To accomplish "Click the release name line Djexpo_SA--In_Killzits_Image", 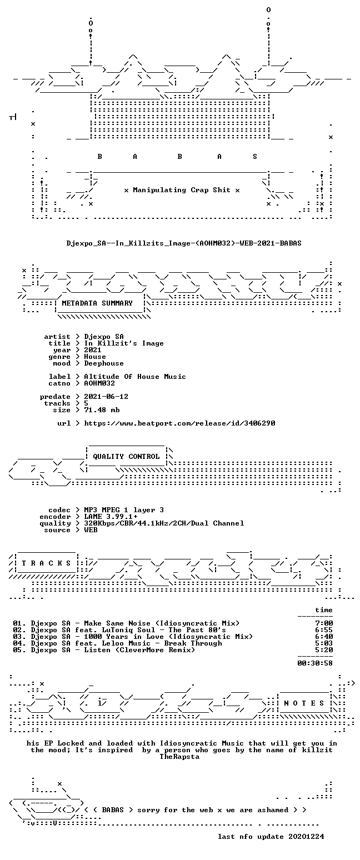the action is [x=183, y=243].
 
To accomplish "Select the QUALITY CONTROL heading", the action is [x=126, y=457].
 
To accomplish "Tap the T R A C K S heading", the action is [x=47, y=563].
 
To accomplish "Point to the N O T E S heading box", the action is [x=304, y=703].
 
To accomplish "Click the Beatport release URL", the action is [x=179, y=423].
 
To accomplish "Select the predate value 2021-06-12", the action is [x=106, y=397].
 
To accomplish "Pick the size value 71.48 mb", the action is [x=102, y=410].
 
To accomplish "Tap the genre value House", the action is [x=95, y=357].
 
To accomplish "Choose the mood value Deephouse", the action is [x=104, y=363].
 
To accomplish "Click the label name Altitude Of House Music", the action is [x=134, y=377].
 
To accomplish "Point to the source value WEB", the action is [x=91, y=530].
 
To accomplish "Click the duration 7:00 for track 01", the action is [x=324, y=623].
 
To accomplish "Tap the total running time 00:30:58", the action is [x=315, y=663].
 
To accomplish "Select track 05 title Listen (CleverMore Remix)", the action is [x=139, y=650].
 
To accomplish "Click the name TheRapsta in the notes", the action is [x=179, y=757].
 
